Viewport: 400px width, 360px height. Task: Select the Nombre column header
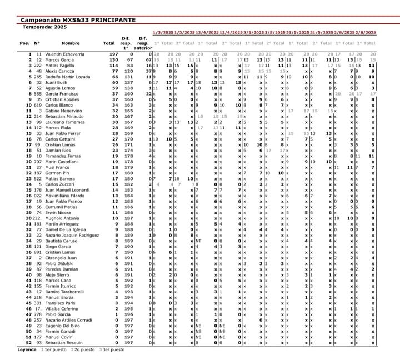tap(71, 43)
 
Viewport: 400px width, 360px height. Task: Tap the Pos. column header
tap(24, 43)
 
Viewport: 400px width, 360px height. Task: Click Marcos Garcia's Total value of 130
tap(113, 59)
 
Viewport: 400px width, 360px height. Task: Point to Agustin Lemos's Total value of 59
tap(114, 88)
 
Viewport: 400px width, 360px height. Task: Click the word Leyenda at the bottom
tap(27, 351)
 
